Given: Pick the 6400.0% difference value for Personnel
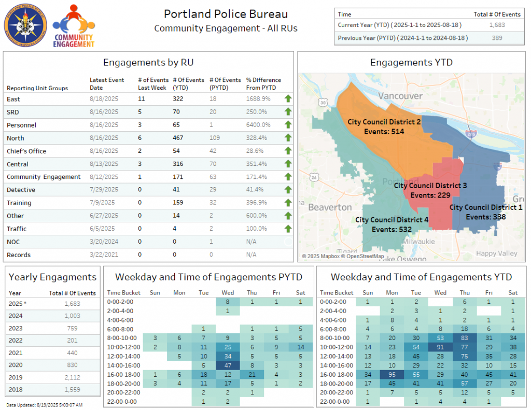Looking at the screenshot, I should point(258,125).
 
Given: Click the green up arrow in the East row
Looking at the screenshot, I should point(288,98).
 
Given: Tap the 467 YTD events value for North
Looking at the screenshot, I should point(178,138).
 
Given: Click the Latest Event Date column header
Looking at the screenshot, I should point(107,84).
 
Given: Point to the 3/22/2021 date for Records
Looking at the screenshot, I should point(104,255).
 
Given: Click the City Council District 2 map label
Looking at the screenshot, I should point(384,121).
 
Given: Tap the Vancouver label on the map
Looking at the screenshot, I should point(400,96).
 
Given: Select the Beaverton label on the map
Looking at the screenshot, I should point(330,207).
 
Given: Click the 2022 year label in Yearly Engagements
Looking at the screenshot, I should point(15,340).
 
